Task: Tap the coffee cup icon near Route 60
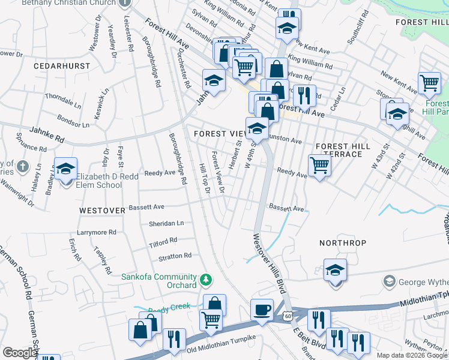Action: (x=261, y=310)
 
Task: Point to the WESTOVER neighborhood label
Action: (x=102, y=211)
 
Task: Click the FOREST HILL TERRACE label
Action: (x=339, y=150)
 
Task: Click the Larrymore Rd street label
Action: (x=97, y=232)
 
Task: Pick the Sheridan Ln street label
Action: (x=166, y=223)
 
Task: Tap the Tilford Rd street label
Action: (x=163, y=240)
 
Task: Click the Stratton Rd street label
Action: (x=175, y=256)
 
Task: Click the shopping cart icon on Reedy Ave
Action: (x=319, y=165)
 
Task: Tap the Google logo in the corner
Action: (x=19, y=353)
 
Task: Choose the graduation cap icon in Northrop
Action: (x=335, y=270)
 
